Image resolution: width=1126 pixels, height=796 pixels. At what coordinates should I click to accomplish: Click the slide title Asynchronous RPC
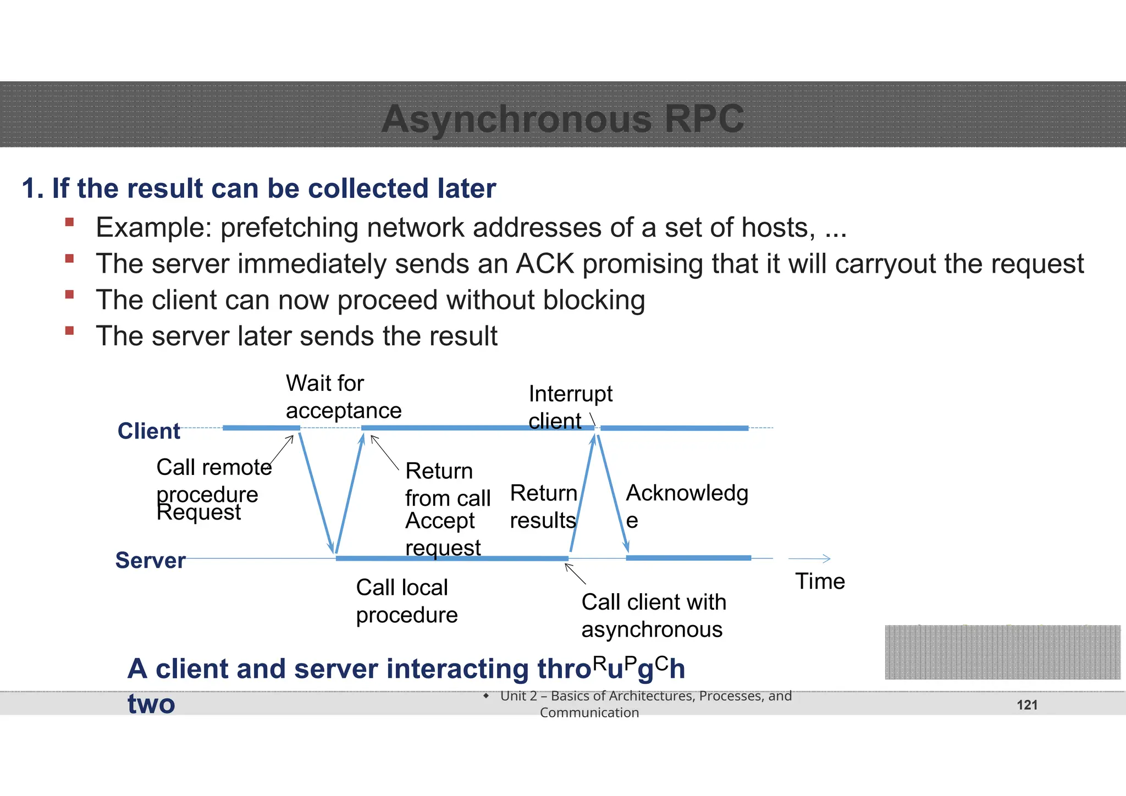click(x=562, y=119)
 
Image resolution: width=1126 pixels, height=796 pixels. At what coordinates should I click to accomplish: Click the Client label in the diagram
click(x=148, y=431)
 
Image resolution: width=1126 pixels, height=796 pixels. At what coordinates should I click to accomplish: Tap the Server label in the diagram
click(x=150, y=560)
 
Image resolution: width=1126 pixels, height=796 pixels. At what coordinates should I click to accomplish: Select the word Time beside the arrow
click(x=820, y=581)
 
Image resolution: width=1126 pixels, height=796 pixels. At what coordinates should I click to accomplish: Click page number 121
click(x=1026, y=705)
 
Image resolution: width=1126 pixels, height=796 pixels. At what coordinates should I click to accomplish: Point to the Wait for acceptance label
click(x=343, y=397)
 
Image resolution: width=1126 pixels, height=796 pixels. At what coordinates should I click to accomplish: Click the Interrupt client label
click(x=570, y=407)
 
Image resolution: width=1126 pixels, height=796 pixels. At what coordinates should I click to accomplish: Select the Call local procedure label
click(x=406, y=601)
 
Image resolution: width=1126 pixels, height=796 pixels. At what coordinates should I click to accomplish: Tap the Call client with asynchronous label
click(x=653, y=616)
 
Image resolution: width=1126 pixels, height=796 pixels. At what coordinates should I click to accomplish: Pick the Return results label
click(x=543, y=506)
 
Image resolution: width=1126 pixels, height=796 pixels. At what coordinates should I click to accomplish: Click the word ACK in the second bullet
click(x=544, y=264)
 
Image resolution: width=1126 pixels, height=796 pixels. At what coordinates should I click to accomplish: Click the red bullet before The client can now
click(x=69, y=295)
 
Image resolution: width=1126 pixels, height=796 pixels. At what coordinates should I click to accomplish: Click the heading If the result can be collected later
click(x=258, y=188)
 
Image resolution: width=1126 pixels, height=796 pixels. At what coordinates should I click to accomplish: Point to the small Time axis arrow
click(x=809, y=559)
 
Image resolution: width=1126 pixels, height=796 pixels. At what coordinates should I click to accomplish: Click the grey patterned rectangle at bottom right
click(x=1002, y=652)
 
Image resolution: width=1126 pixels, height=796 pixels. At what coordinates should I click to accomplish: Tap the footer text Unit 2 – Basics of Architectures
click(x=645, y=696)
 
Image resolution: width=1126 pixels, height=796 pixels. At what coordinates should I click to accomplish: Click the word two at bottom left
click(x=151, y=704)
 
